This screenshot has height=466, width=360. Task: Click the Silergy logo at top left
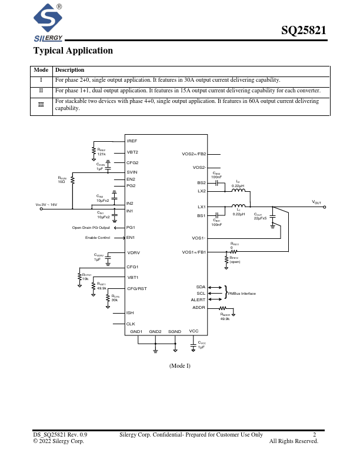point(49,24)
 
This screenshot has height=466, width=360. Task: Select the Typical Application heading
point(73,51)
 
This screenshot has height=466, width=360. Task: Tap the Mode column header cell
point(41,70)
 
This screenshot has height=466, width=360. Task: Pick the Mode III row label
point(41,105)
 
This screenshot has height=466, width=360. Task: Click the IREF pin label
point(132,142)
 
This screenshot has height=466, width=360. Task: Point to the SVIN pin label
point(132,171)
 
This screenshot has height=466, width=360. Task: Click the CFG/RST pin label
point(136,288)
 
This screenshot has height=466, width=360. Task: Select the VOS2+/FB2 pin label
point(194,154)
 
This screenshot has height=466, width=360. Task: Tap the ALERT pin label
point(198,300)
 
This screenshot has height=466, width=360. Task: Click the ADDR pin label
point(199,308)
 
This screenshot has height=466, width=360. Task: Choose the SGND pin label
point(175,332)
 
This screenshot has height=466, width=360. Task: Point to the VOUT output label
point(316,203)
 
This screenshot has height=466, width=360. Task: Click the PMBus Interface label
point(242,293)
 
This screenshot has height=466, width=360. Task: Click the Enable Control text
point(98,238)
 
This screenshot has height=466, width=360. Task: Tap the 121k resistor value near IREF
point(101,154)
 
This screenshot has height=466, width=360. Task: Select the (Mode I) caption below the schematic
point(180,365)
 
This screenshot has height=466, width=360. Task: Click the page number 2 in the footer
point(315,435)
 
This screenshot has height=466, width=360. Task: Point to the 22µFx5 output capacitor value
point(260,218)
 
